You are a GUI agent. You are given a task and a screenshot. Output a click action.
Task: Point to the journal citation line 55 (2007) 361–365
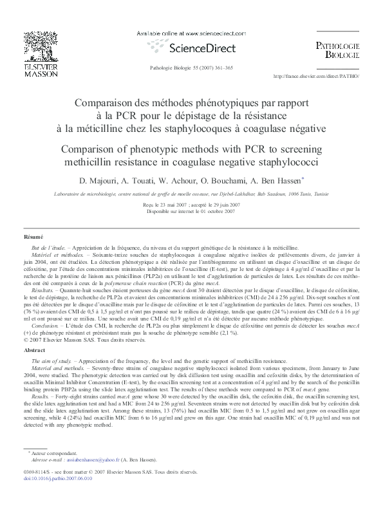(x=191, y=68)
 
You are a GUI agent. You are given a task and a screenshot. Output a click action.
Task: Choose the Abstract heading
(x=33, y=350)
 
